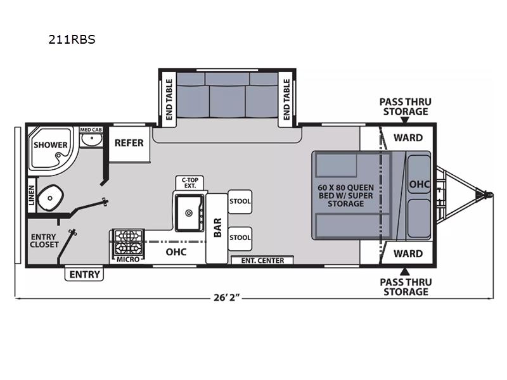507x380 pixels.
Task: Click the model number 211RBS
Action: [72, 39]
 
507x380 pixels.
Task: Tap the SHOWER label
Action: [51, 145]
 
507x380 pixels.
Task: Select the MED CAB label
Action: [91, 130]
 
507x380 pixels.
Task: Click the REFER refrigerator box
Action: [129, 144]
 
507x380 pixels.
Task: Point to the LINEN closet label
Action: [31, 195]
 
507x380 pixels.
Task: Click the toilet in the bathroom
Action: [50, 198]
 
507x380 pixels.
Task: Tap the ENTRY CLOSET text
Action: [44, 241]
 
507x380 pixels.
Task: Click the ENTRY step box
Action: [84, 274]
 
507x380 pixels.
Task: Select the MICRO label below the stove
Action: [128, 259]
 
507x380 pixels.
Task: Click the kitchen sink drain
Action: [189, 213]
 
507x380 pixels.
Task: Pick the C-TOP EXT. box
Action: [189, 183]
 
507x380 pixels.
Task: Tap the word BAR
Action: [217, 227]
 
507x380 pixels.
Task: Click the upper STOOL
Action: [240, 201]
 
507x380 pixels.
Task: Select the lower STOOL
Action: [240, 238]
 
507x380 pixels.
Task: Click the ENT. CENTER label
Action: [262, 260]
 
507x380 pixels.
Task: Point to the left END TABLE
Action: [169, 99]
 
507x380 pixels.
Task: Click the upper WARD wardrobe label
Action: [408, 137]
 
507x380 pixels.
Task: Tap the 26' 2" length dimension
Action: [227, 297]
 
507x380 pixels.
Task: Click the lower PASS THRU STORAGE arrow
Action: [404, 271]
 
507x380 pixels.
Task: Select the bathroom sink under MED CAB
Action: [91, 139]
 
